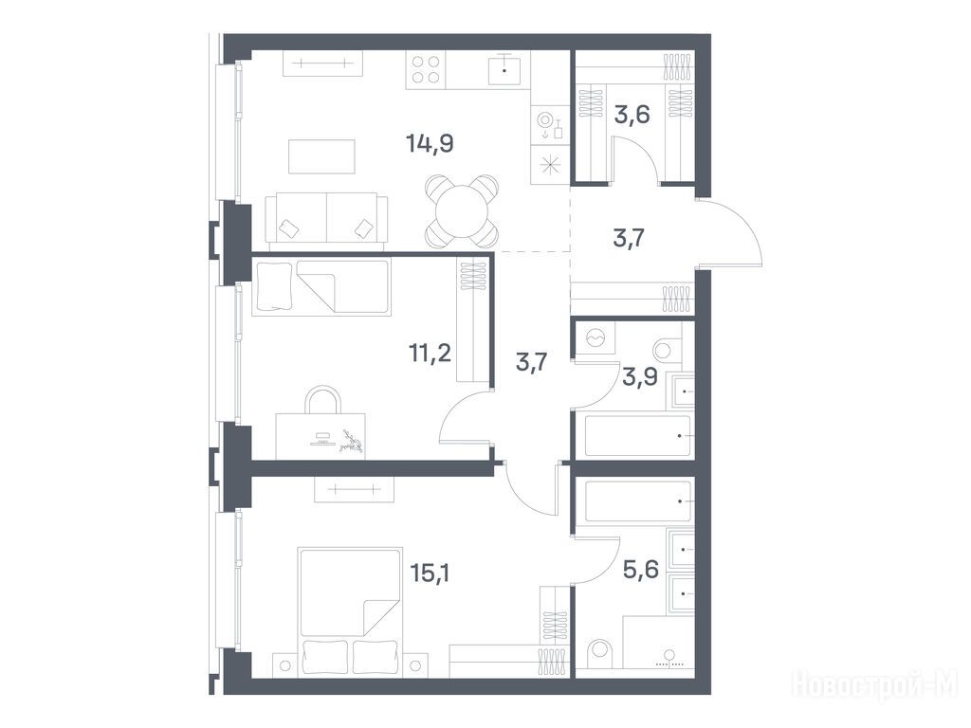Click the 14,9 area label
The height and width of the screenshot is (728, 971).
[x=430, y=144]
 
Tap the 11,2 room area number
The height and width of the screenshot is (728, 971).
[x=430, y=355]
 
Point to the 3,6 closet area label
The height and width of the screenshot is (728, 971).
[x=632, y=115]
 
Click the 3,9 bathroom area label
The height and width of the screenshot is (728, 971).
[x=640, y=377]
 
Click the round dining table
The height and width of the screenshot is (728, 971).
[x=462, y=211]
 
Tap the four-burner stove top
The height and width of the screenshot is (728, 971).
[x=426, y=70]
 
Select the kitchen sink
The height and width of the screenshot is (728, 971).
[x=504, y=68]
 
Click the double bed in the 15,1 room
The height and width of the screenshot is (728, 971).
[x=351, y=610]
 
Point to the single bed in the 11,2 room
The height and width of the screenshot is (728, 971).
[x=321, y=286]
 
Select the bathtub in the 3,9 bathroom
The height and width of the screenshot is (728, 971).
[x=638, y=436]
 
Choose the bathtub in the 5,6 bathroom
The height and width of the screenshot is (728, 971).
[x=638, y=500]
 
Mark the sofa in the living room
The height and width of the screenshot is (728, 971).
[x=327, y=221]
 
